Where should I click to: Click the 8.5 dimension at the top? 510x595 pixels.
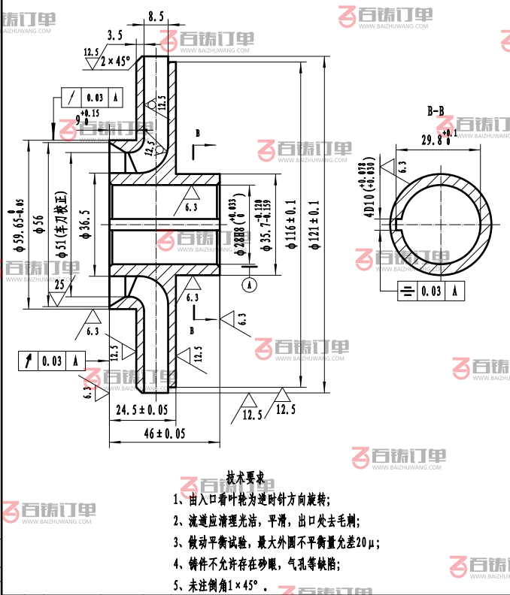pyautogui.click(x=156, y=16)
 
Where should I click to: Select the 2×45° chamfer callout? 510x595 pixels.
pyautogui.click(x=115, y=59)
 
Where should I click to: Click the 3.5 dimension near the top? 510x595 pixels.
pyautogui.click(x=115, y=35)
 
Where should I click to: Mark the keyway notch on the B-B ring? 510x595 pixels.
pyautogui.click(x=399, y=219)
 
